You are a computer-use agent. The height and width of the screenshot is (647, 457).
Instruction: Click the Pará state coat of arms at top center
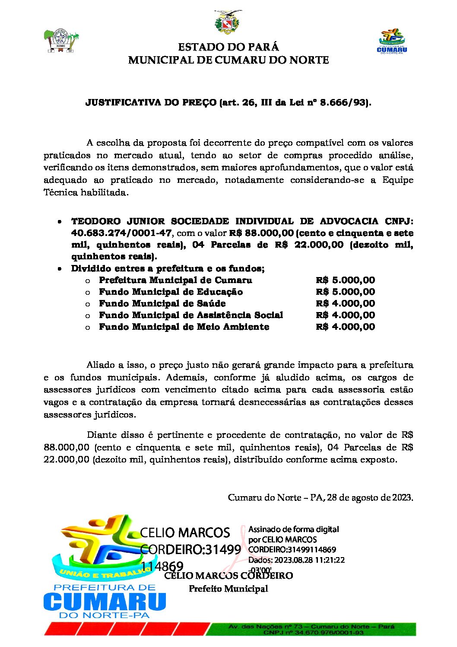(228, 23)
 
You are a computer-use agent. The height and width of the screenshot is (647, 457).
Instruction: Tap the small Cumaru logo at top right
(392, 41)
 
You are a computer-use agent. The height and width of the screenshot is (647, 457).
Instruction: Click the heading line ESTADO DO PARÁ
(228, 47)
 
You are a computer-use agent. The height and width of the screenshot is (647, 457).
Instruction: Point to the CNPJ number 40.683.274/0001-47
(121, 233)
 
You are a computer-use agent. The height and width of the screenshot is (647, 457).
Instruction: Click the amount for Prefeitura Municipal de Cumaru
(345, 280)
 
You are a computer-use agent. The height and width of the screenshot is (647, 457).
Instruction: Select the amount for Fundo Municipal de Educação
(345, 292)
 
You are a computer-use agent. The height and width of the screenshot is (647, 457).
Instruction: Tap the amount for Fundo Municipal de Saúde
(345, 303)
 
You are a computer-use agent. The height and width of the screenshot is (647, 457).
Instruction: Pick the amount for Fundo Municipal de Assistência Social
(345, 315)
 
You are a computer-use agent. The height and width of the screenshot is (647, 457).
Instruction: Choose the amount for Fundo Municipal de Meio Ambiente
(345, 327)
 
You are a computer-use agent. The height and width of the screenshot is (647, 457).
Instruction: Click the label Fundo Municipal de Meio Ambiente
(184, 327)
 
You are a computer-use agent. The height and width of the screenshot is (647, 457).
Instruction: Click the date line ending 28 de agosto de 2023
(321, 497)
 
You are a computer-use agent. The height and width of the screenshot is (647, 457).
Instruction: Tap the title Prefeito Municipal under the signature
(228, 589)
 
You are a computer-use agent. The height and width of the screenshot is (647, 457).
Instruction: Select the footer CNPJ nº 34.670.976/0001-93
(314, 633)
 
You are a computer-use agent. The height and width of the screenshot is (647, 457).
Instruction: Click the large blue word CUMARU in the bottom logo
(105, 602)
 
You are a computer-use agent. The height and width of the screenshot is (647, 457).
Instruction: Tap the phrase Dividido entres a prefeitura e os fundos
(168, 268)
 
